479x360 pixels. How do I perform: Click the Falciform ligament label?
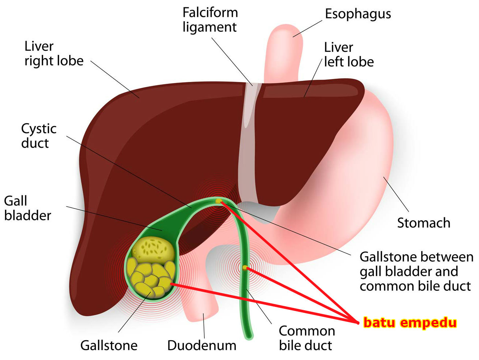coord(210,20)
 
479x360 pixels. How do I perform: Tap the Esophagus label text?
coord(358,14)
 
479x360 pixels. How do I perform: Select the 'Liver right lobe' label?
coord(54,53)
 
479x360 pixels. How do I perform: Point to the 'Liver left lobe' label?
coord(349,55)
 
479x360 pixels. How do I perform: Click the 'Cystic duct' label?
coord(38,136)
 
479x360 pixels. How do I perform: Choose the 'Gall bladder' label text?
coord(27,208)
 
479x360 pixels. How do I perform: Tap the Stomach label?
coord(424,222)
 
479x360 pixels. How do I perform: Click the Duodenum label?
coord(202,345)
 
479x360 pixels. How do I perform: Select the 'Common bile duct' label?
coord(307,338)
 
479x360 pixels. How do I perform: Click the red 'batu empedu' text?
coord(410,323)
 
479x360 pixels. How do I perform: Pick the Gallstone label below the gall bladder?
coord(109,345)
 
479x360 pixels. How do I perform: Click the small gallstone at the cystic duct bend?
coord(219,201)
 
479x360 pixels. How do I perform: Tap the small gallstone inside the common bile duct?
coord(245,268)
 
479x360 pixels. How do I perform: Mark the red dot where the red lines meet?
coord(358,322)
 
